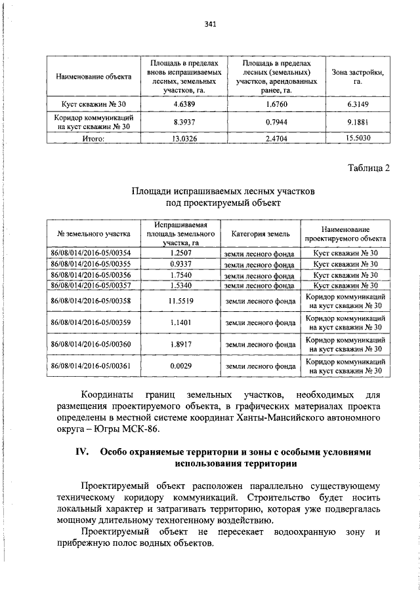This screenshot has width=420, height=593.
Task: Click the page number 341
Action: (211, 24)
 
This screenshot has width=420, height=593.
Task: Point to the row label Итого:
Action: (94, 138)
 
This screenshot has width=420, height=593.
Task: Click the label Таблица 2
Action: (369, 168)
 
